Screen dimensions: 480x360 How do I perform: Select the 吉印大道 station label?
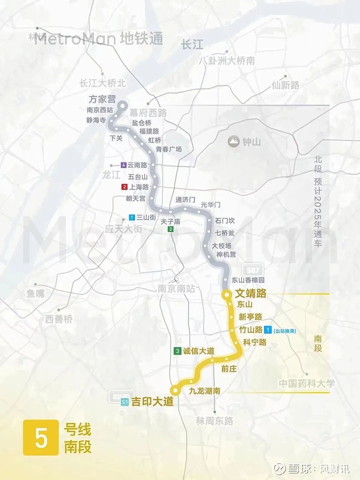coord(152,403)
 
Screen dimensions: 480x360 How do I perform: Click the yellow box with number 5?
coord(41,437)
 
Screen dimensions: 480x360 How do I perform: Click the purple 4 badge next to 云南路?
coord(124,165)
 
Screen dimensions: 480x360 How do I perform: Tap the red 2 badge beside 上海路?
coord(124,187)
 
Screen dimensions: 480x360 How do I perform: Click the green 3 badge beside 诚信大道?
coord(178,351)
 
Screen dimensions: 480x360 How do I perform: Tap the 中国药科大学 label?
coord(306,384)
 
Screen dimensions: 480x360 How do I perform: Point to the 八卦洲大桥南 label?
coord(227,61)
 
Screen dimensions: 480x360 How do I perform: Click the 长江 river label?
coord(192,44)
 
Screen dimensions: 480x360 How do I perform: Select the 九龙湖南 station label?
coord(204,391)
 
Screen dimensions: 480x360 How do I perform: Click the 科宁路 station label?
coord(255,342)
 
